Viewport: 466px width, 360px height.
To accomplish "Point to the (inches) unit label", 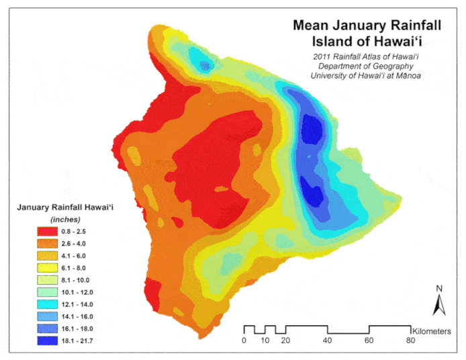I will (x=65, y=219).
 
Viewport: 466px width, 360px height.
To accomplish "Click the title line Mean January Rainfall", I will (x=367, y=26).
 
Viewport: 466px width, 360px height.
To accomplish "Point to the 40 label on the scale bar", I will (x=328, y=341).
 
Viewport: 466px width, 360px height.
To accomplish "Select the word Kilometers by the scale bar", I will (x=437, y=331).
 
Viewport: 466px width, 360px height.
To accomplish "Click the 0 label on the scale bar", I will (x=244, y=341).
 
